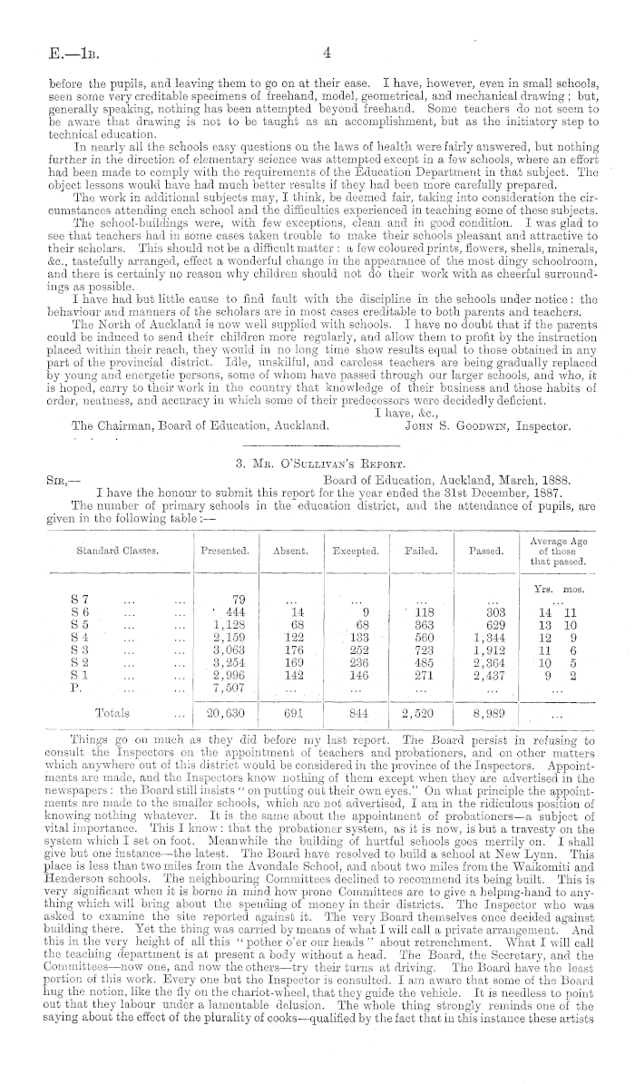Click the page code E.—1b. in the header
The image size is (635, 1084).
[53, 54]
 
